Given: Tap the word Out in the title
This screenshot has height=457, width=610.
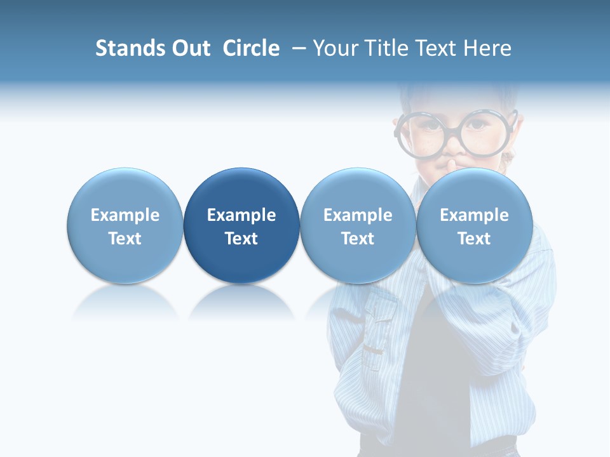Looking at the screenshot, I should (x=189, y=48).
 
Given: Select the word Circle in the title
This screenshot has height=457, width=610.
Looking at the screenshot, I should (x=251, y=48).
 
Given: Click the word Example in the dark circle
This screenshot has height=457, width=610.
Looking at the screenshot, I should (x=241, y=215).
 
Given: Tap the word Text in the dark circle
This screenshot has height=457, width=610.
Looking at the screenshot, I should (x=241, y=239).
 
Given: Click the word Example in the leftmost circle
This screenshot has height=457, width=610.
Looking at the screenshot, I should (x=125, y=215).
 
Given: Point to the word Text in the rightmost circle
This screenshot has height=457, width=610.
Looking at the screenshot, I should (x=474, y=239).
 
